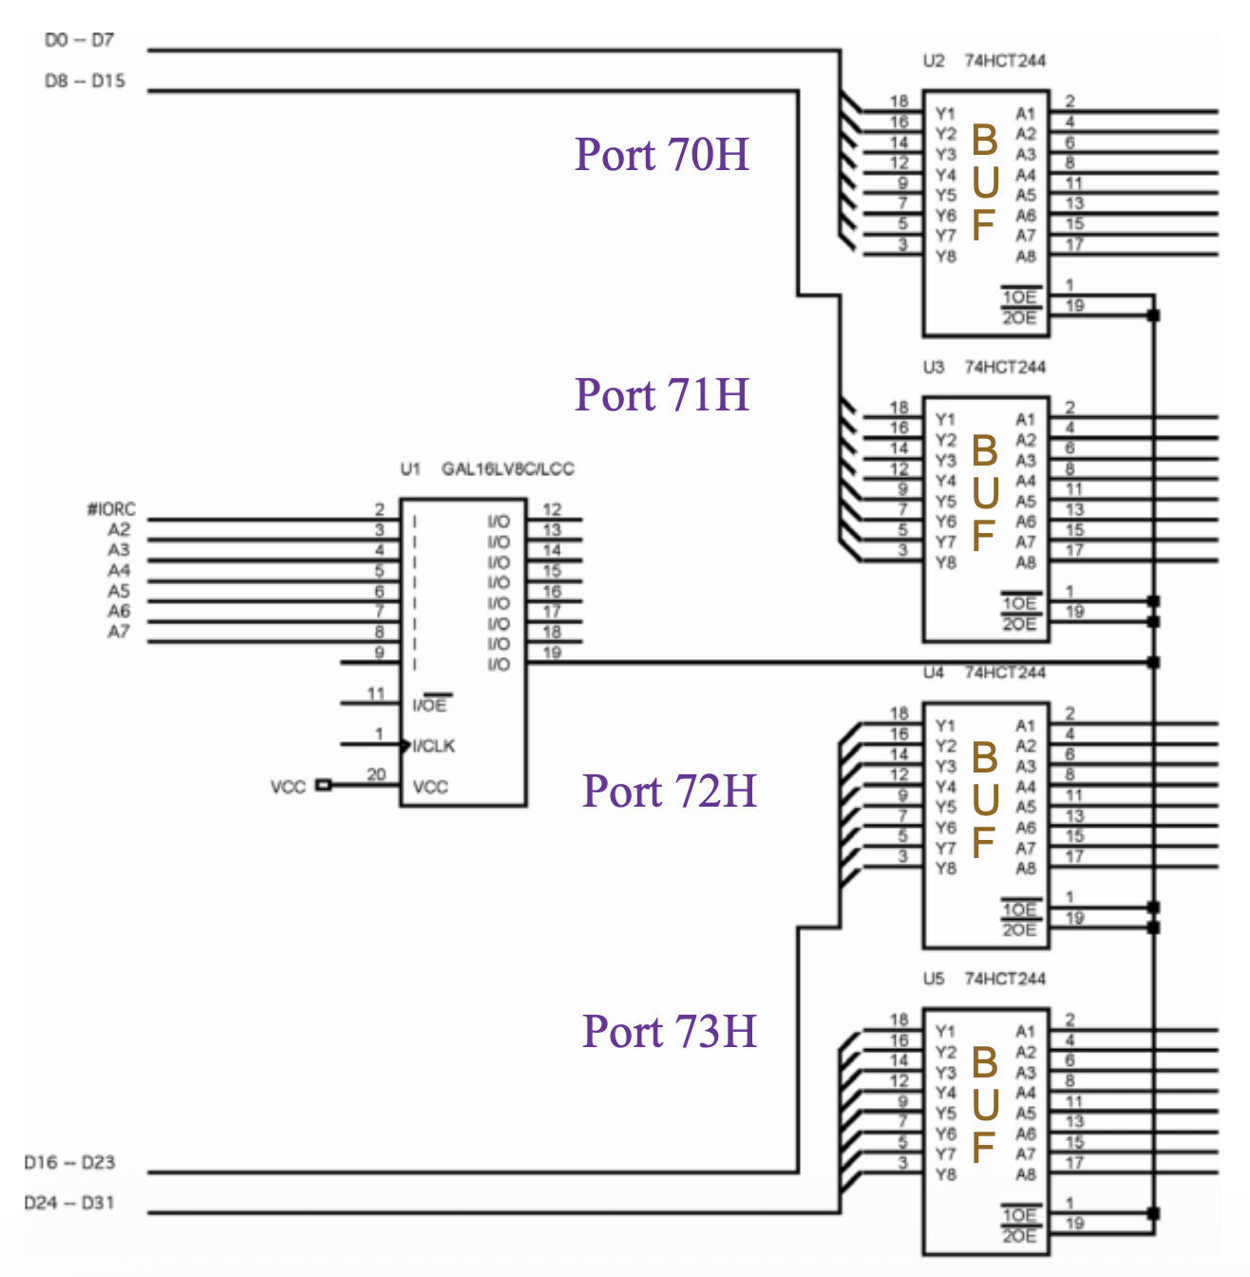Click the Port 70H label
click(662, 154)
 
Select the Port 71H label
click(662, 394)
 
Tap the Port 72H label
click(670, 791)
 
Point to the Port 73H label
click(670, 1031)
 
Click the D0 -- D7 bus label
click(79, 40)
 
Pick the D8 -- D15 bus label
click(85, 81)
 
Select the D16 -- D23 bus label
click(69, 1162)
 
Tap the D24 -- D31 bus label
click(69, 1203)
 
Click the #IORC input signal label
click(111, 509)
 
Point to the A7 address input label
click(119, 632)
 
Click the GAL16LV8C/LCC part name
click(507, 468)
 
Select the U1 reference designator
click(409, 468)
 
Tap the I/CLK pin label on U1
click(434, 746)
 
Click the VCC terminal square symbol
click(324, 785)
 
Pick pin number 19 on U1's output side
click(552, 653)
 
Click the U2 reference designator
click(934, 61)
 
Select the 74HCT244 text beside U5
click(1005, 979)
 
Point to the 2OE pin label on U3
click(1019, 623)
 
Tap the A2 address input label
click(119, 529)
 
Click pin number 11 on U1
click(376, 694)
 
